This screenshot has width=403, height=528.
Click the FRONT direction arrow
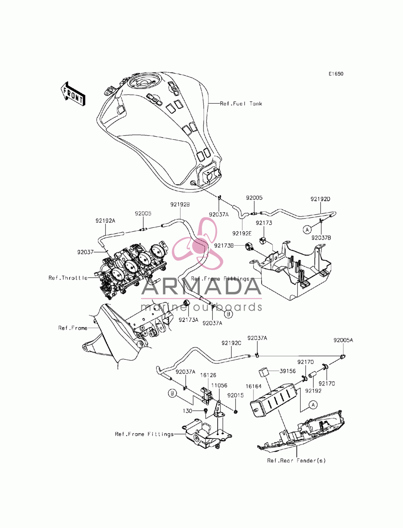tap(73, 94)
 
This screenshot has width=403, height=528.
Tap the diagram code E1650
tap(336, 74)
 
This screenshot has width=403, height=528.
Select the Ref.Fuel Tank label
tap(241, 104)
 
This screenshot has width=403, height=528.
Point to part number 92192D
tap(320, 199)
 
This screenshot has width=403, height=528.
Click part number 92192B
tap(180, 205)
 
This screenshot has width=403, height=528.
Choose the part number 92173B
tap(224, 246)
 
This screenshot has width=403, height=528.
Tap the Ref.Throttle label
tap(68, 278)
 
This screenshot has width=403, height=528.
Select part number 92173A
tap(189, 320)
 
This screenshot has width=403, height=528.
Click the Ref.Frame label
tap(73, 328)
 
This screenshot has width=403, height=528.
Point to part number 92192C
tap(231, 343)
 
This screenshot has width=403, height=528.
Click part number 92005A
tap(343, 340)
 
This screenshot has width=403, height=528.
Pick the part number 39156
tap(287, 371)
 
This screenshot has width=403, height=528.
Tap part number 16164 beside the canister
tap(253, 386)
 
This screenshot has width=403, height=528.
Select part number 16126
tap(208, 375)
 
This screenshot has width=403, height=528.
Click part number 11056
tap(219, 385)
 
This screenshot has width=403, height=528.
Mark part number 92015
tap(235, 395)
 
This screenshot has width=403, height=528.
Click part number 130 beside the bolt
tap(187, 411)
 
